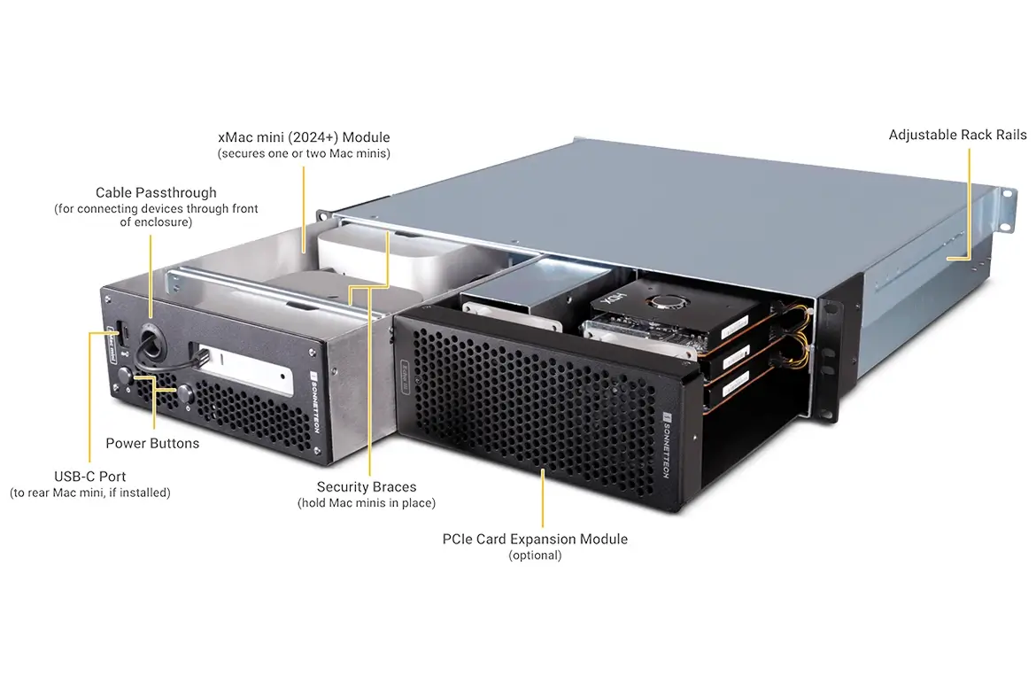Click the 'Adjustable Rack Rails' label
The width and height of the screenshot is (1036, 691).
point(957,135)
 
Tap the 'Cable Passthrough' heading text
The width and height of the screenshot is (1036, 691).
point(156,192)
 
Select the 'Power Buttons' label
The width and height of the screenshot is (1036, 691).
point(152,443)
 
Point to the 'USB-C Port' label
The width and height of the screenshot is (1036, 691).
point(89,476)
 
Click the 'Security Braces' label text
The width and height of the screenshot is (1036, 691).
point(367,486)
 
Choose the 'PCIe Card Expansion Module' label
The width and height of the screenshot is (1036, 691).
point(535,539)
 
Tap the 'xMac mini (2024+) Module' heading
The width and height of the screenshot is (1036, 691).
point(304,137)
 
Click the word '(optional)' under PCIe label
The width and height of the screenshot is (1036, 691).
point(535,555)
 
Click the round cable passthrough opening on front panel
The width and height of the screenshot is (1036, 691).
point(151,336)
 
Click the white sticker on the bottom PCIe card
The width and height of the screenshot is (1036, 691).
point(735,384)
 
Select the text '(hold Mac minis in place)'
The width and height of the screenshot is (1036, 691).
point(367,503)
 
